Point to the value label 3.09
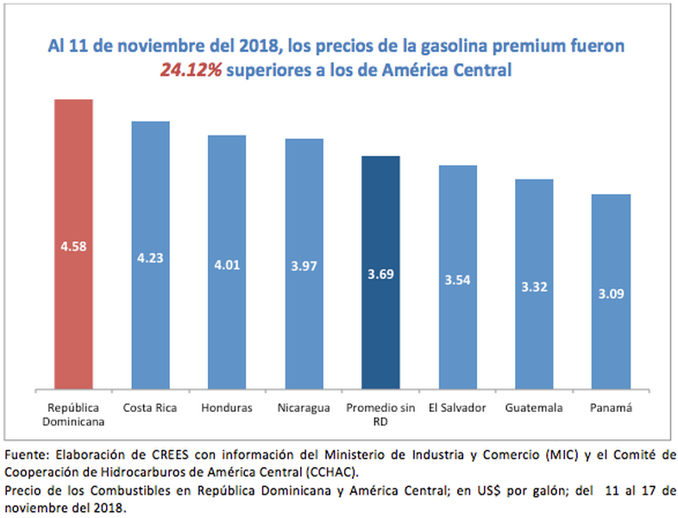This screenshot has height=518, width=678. click(611, 294)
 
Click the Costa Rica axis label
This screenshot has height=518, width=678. click(150, 407)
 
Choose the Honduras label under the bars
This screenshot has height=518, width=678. click(226, 407)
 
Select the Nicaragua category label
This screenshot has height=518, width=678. click(304, 407)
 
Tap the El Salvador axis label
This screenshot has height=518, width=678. click(457, 407)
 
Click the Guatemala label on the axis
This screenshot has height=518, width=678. click(534, 407)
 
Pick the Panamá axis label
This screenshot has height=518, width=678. click(611, 407)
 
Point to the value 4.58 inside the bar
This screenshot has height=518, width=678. click(73, 245)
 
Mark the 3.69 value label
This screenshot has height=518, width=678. click(380, 275)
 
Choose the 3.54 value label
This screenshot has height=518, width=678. click(457, 280)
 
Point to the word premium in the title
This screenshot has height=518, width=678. click(468, 47)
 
